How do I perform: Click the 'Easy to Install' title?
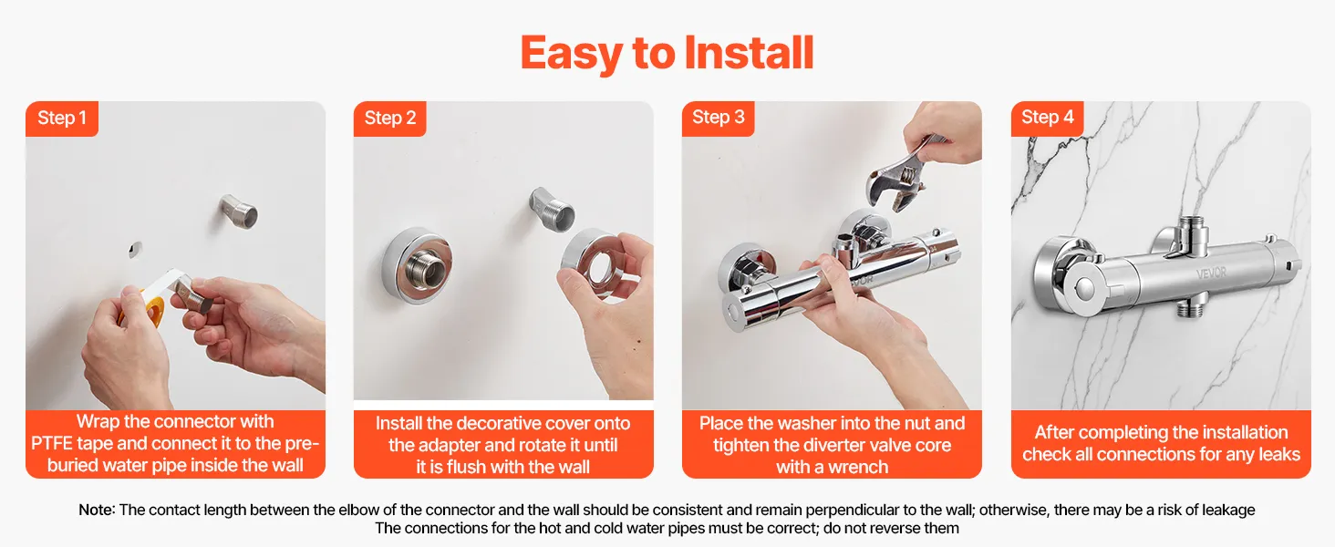coord(667,54)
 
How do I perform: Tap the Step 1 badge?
coord(62,118)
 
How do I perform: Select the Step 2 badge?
coord(389,118)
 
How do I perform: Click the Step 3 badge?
coord(719,118)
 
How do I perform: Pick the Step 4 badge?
coord(1047,118)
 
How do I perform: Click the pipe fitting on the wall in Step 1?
coord(238,211)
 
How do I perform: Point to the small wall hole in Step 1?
coord(136,250)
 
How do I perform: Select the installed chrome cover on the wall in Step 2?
coord(417,266)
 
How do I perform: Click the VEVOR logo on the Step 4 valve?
coord(1211,273)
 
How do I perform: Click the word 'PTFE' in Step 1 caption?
coord(52,444)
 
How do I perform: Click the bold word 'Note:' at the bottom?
coord(97,510)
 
